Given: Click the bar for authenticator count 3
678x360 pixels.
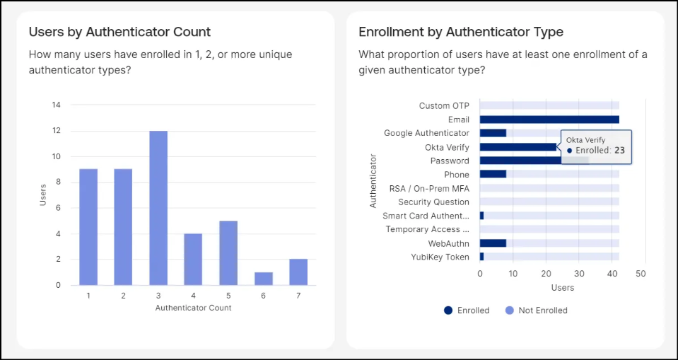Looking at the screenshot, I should [158, 208].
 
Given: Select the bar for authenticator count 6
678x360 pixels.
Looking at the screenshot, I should [263, 279].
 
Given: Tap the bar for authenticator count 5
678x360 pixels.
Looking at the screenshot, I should [228, 252].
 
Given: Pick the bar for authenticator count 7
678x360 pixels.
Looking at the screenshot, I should [298, 272].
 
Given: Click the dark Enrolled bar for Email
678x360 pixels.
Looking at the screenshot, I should [549, 120].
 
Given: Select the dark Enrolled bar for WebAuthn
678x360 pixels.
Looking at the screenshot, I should [493, 243].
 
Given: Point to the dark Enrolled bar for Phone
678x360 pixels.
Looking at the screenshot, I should [493, 175].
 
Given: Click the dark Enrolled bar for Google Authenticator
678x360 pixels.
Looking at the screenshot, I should [493, 133].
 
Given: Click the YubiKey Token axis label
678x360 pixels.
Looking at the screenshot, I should [440, 257].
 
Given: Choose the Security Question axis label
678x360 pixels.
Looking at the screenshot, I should [433, 202].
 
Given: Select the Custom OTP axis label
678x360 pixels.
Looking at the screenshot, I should [444, 106].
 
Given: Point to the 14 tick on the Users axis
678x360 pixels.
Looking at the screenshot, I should [57, 105].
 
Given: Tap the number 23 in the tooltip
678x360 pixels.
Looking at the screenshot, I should [619, 151].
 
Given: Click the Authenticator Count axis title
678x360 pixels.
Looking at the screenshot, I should [193, 308].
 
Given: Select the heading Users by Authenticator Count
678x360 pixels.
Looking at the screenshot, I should [119, 32].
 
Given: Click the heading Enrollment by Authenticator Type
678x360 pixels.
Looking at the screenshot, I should [461, 32].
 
